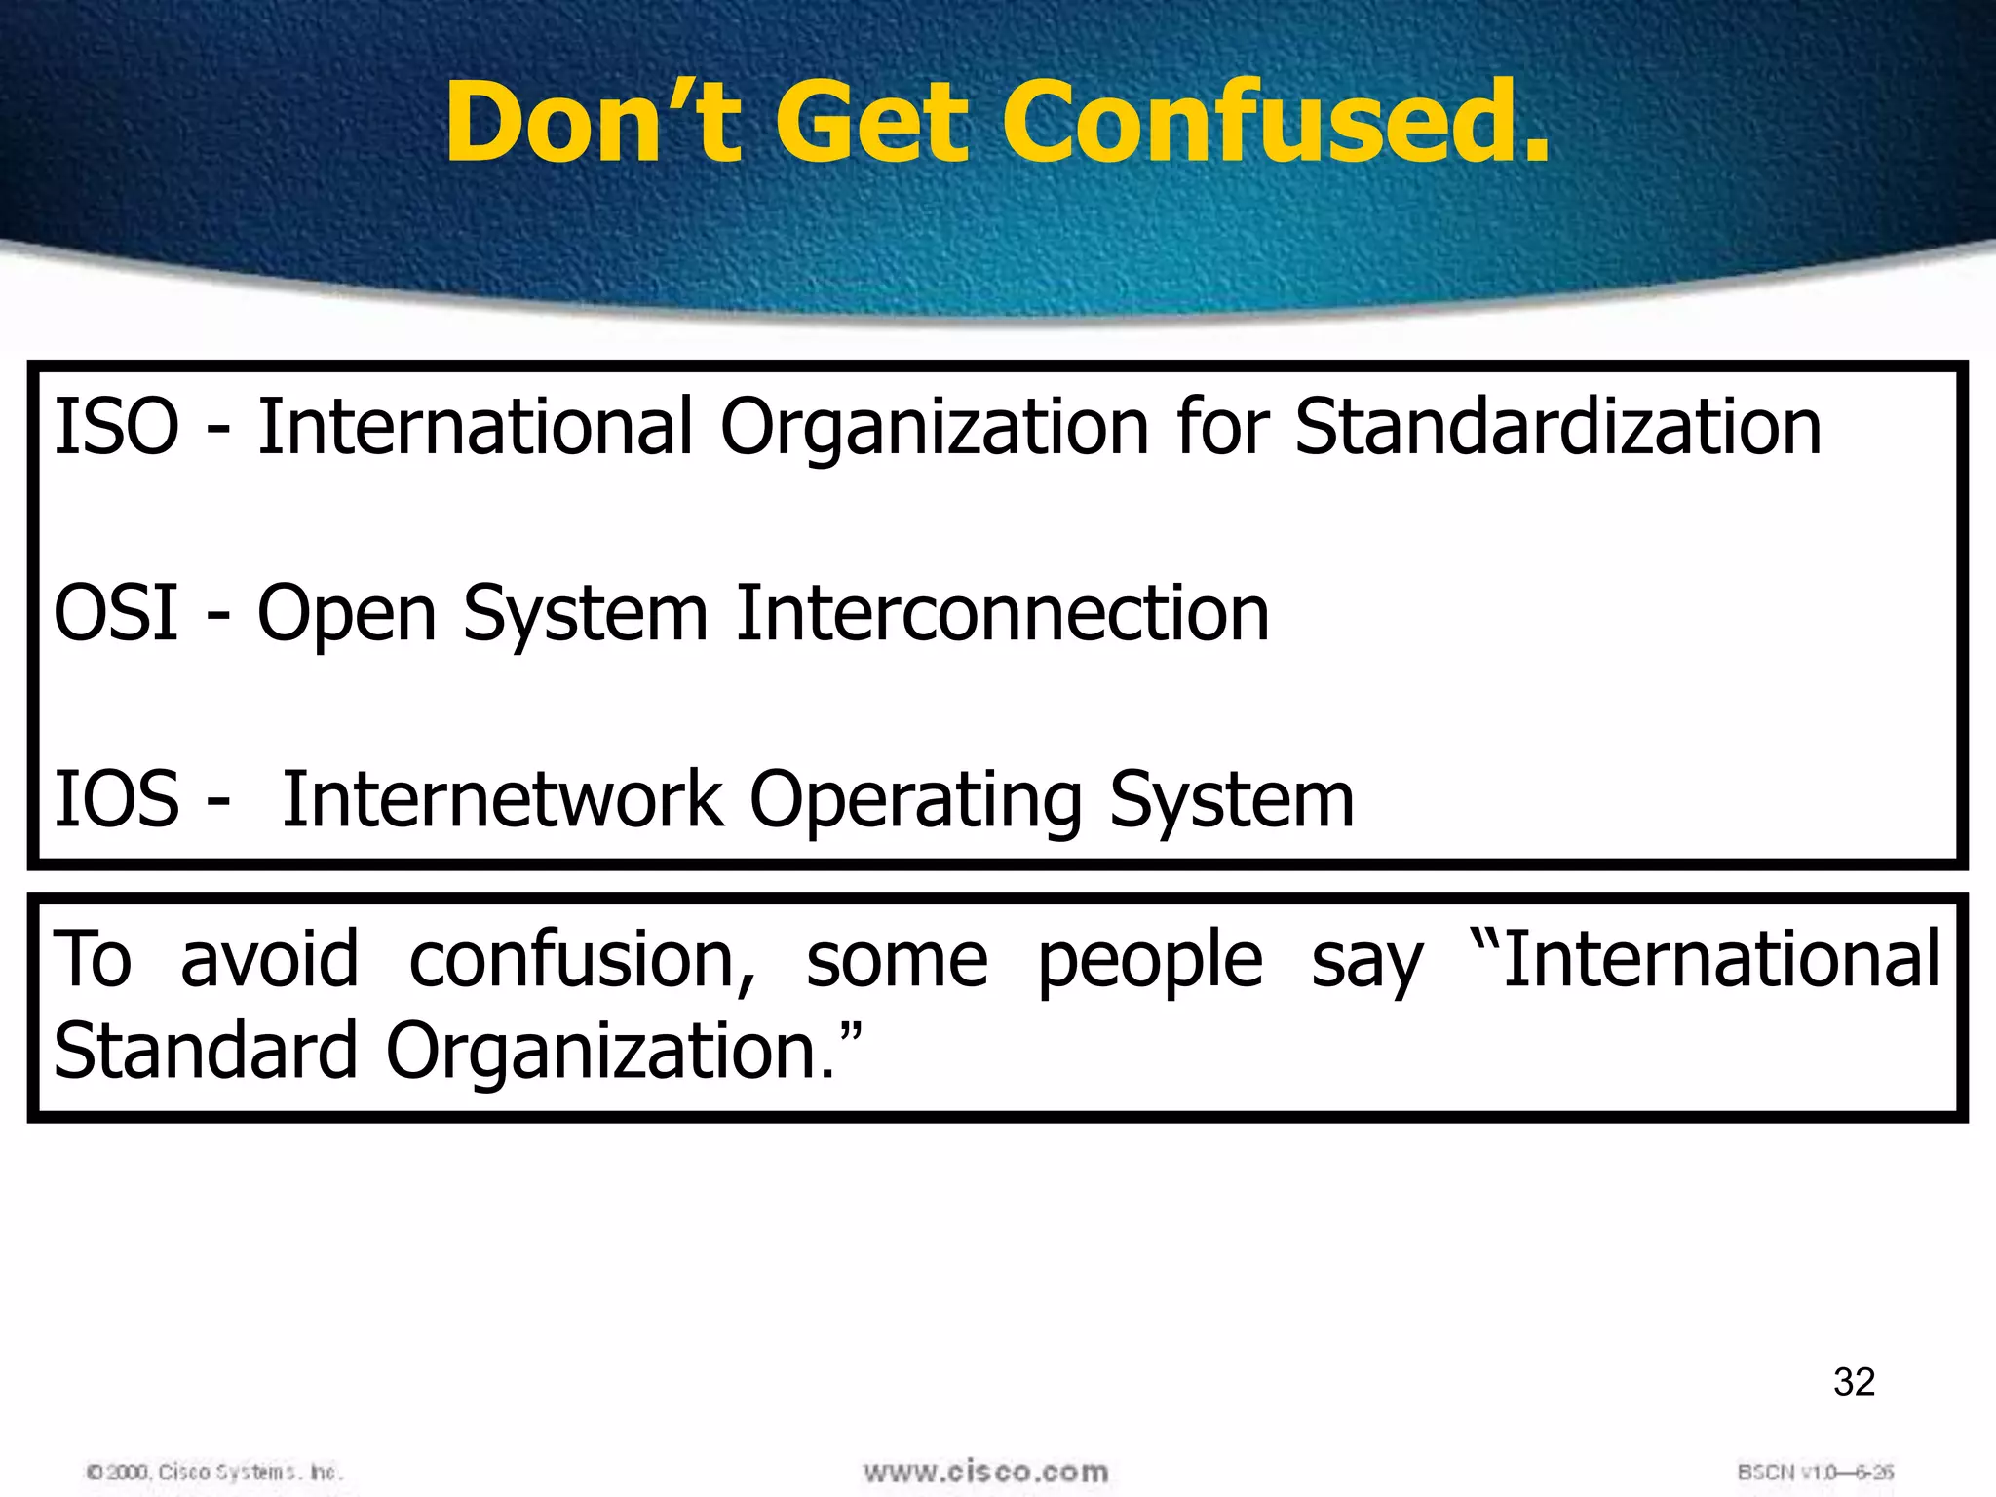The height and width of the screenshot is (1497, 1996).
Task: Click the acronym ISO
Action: coord(116,427)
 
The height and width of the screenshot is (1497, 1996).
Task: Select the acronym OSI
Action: coord(116,613)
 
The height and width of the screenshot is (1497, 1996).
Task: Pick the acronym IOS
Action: coord(116,799)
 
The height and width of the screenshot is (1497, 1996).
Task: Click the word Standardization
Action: coord(1557,427)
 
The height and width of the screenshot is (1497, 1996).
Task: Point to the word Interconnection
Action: coord(1002,613)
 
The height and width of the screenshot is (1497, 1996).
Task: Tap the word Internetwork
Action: coord(502,799)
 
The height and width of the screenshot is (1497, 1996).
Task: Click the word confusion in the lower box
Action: coord(582,960)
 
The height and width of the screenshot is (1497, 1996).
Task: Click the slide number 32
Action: coord(1854,1382)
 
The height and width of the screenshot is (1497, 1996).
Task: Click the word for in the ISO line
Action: coord(1222,427)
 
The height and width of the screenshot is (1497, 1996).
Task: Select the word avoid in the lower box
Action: coord(269,960)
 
